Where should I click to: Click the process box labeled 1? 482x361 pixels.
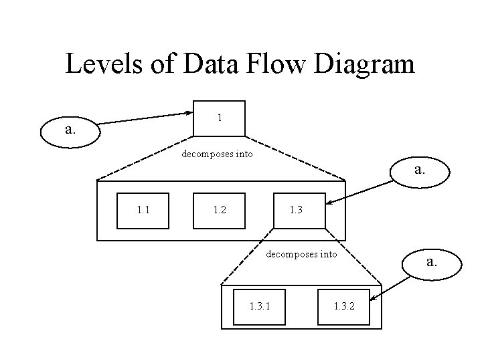pyautogui.click(x=219, y=118)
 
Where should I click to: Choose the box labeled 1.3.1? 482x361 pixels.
pyautogui.click(x=260, y=307)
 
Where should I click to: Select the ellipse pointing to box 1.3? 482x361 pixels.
pyautogui.click(x=419, y=170)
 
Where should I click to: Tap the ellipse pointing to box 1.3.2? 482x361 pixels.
pyautogui.click(x=432, y=263)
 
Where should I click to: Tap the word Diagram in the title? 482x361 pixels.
pyautogui.click(x=368, y=64)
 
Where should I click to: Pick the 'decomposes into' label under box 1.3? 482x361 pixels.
pyautogui.click(x=302, y=254)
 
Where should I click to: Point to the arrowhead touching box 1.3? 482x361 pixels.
pyautogui.click(x=330, y=201)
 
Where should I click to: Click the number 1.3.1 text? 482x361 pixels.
pyautogui.click(x=260, y=307)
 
